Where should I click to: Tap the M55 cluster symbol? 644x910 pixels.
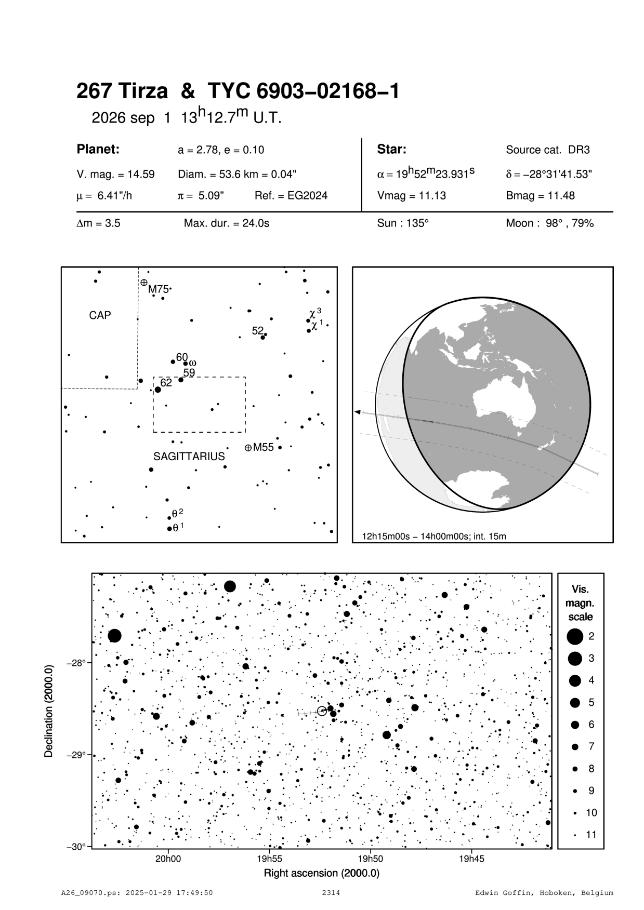(x=248, y=447)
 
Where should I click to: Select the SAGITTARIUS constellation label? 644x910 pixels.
(x=189, y=457)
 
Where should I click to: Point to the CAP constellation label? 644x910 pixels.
(x=100, y=315)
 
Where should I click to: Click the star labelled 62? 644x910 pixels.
(x=158, y=390)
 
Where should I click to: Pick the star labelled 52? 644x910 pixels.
(x=263, y=338)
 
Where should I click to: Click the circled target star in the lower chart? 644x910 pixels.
(x=322, y=711)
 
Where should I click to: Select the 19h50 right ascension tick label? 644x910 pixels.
(x=371, y=859)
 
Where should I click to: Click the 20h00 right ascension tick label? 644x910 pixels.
(x=168, y=859)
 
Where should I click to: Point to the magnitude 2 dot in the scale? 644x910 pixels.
(x=575, y=636)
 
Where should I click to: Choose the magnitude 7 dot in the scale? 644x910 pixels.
(x=575, y=746)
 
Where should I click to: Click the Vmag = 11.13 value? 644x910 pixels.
(x=412, y=196)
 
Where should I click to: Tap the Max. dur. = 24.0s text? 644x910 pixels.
(x=227, y=223)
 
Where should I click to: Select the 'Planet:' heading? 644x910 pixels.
(x=98, y=150)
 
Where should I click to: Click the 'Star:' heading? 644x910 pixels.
(x=391, y=150)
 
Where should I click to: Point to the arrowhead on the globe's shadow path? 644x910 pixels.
(x=357, y=412)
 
